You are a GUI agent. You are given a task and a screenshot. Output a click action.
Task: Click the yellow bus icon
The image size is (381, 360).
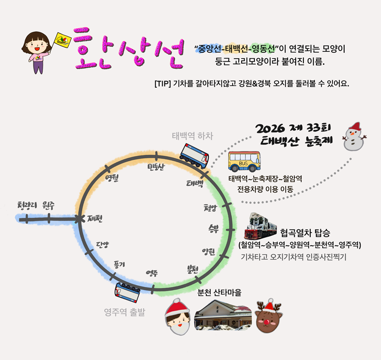tap(245, 161)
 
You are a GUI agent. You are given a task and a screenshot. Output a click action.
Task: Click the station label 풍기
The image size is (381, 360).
tap(119, 264)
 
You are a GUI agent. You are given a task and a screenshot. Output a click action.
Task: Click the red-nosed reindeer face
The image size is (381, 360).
tap(269, 315)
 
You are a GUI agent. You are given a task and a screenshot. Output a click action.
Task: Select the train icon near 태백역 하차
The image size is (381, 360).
tap(194, 155)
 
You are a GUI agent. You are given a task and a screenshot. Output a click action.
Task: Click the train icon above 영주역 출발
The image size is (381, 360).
tap(128, 291)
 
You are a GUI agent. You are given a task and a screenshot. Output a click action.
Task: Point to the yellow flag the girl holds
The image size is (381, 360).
tap(62, 40)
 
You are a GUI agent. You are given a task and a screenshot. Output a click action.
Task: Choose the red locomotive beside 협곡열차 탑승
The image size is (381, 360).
tap(263, 226)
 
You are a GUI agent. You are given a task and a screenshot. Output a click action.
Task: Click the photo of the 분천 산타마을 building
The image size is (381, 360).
tap(223, 315)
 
